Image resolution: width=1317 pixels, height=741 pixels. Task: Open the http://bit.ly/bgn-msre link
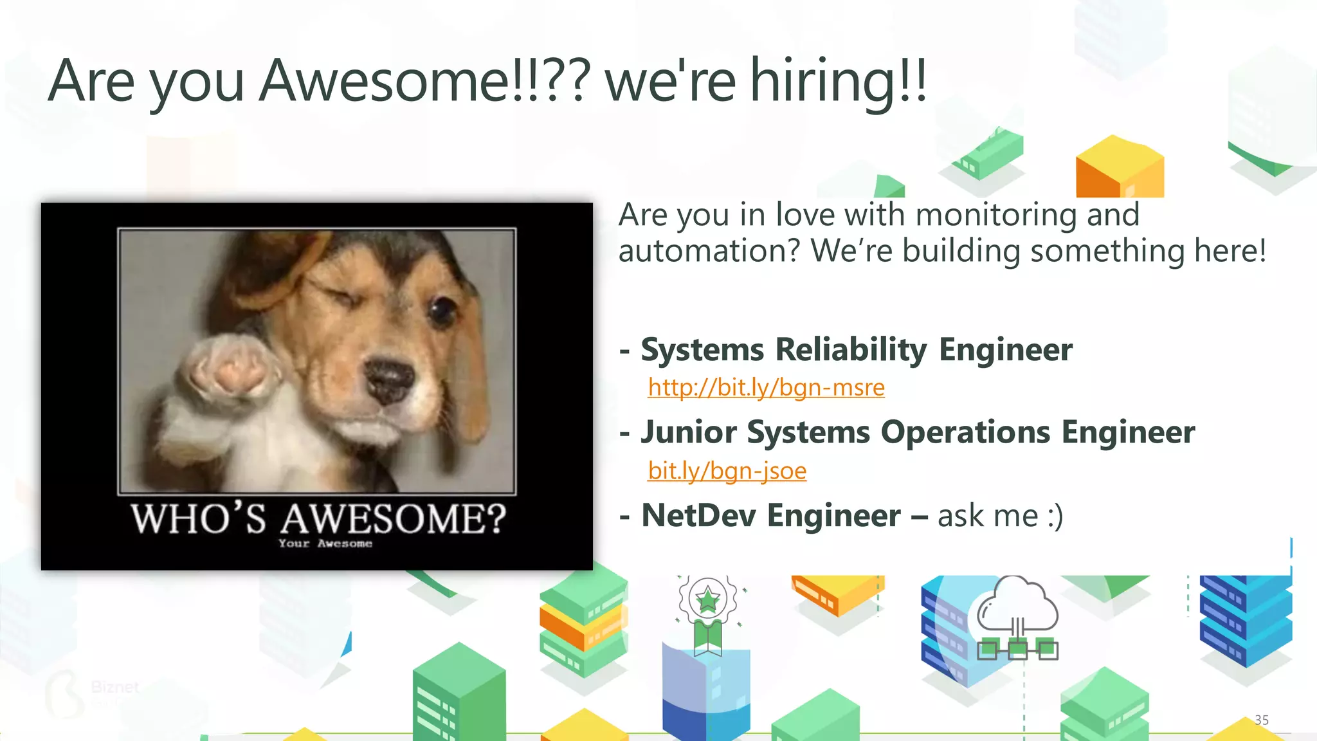pos(766,387)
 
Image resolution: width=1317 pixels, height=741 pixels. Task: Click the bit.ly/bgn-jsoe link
pos(727,471)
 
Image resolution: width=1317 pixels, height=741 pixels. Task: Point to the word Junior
pos(689,432)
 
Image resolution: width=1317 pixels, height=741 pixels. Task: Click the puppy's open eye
pos(442,311)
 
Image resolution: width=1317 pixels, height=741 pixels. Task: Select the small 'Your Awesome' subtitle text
pos(325,544)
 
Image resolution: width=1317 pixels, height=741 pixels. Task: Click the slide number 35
pos(1262,720)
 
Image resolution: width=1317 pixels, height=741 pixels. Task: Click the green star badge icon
pos(708,599)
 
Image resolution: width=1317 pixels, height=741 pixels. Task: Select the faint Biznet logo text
pos(115,687)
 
